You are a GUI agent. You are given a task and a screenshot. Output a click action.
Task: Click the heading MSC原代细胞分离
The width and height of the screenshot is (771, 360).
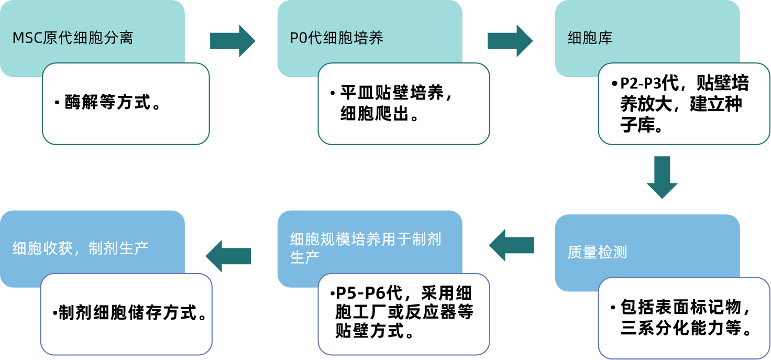(x=73, y=38)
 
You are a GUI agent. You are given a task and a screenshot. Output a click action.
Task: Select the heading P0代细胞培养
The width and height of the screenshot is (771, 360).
(x=337, y=38)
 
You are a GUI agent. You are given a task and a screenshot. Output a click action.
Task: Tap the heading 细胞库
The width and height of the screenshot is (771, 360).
(x=590, y=38)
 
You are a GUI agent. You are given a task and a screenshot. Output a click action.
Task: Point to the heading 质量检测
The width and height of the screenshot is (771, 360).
(x=597, y=253)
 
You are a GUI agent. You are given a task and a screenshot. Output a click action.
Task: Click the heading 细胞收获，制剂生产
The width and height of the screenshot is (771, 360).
(x=81, y=248)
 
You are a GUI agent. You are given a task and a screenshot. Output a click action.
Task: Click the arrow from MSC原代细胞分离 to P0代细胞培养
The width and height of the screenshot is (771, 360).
(x=232, y=41)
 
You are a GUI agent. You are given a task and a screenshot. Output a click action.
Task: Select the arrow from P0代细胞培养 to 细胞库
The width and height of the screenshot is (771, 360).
(x=510, y=41)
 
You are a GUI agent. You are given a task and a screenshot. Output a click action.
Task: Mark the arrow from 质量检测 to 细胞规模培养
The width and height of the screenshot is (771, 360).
(x=512, y=245)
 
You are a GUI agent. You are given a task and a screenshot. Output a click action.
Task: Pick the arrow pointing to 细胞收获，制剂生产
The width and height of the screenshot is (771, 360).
(x=228, y=256)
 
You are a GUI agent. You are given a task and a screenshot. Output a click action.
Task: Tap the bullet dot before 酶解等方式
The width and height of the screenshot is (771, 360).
(x=57, y=102)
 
